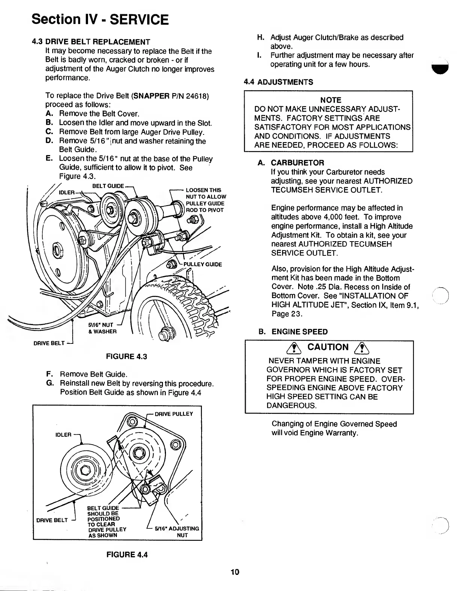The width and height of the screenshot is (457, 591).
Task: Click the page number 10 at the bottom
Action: coord(235,572)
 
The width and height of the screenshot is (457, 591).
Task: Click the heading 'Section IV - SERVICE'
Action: coord(100,19)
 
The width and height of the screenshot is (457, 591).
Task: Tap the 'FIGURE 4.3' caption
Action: coord(127,356)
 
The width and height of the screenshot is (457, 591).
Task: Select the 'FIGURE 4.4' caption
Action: coord(127,554)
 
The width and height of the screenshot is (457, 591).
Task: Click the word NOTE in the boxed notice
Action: coord(331,100)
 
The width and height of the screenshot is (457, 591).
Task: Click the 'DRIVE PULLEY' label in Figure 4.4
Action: coord(174,414)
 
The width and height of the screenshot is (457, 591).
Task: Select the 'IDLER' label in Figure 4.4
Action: coord(63,435)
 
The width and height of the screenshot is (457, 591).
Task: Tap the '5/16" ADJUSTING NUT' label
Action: coord(177,532)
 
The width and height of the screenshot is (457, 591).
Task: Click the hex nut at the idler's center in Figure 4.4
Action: coord(85,470)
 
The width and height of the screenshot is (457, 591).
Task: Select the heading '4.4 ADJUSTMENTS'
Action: coord(278,82)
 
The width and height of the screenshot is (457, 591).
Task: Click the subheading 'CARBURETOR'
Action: coord(297,163)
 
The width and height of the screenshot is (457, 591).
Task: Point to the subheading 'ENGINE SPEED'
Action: coord(299,332)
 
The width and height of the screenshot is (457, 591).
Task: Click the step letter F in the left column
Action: coord(48,374)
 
